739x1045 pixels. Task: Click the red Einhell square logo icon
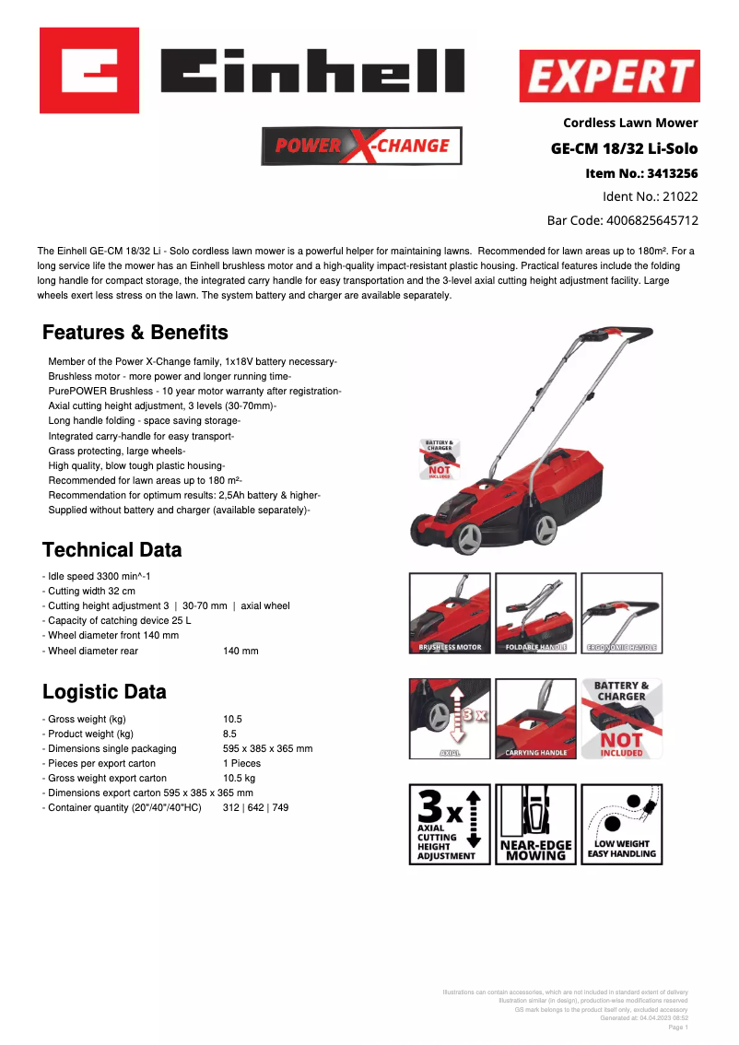pos(89,70)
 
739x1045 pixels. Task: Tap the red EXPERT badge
pos(609,76)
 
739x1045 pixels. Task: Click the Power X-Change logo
pos(362,146)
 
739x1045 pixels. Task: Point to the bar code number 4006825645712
pos(651,220)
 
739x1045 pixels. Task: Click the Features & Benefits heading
pos(135,333)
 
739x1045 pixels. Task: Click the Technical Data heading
pos(111,550)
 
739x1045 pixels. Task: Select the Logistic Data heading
pos(104,692)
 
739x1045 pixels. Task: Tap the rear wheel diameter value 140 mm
pos(240,651)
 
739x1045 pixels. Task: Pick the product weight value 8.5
pos(230,734)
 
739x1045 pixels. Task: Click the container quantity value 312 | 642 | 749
pos(255,807)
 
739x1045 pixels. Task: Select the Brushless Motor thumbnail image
pos(450,613)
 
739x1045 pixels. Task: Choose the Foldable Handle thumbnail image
pos(535,613)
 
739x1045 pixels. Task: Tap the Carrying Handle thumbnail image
pos(535,719)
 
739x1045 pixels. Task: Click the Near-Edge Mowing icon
pos(535,824)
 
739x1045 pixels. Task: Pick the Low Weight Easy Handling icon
pos(622,824)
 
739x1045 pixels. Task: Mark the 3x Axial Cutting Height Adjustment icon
pos(450,824)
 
